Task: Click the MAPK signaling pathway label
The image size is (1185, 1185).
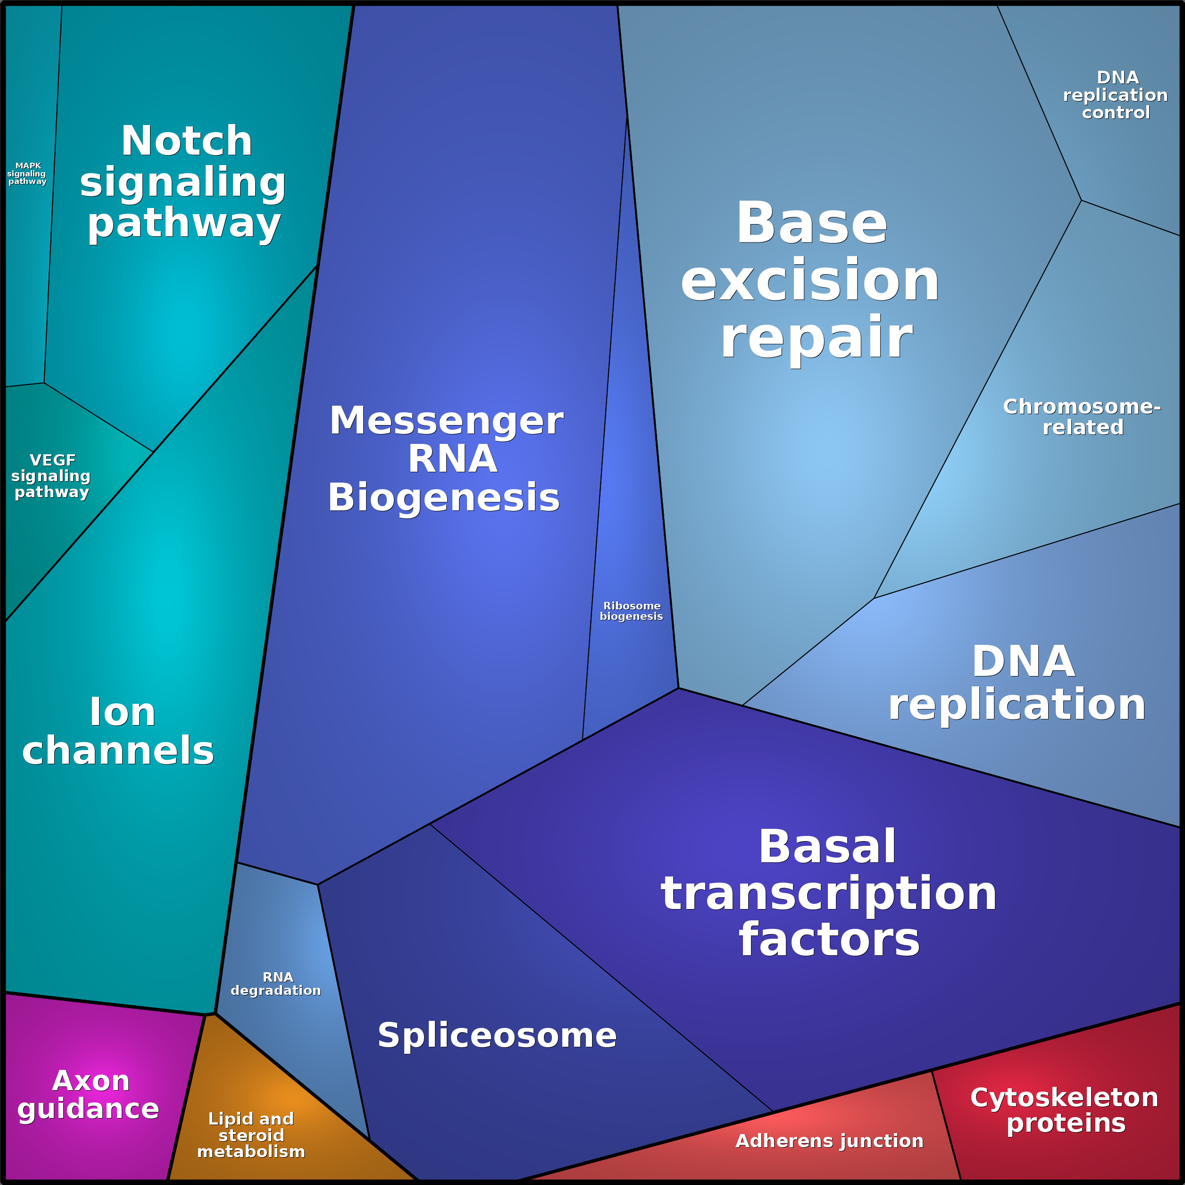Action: point(27,174)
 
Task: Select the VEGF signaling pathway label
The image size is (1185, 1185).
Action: point(51,476)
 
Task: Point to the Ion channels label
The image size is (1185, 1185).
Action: point(119,731)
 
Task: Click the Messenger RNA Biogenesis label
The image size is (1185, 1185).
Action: point(445,459)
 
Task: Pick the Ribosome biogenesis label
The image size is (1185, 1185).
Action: point(631,611)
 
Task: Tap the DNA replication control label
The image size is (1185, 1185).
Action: point(1116,95)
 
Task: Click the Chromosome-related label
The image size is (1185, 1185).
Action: point(1083,417)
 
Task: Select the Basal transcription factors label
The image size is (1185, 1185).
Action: point(829,893)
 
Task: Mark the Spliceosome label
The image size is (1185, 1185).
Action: point(497,1035)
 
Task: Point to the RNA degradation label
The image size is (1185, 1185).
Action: point(276,984)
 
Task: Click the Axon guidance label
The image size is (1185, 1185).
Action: point(89,1094)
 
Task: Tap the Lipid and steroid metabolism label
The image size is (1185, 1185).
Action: point(251,1135)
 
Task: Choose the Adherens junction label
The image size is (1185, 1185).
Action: point(829,1141)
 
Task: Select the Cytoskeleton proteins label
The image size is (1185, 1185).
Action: point(1064,1110)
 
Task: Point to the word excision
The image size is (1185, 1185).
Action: point(811,281)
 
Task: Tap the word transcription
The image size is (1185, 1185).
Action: point(829,893)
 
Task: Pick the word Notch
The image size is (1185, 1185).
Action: point(186,141)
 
